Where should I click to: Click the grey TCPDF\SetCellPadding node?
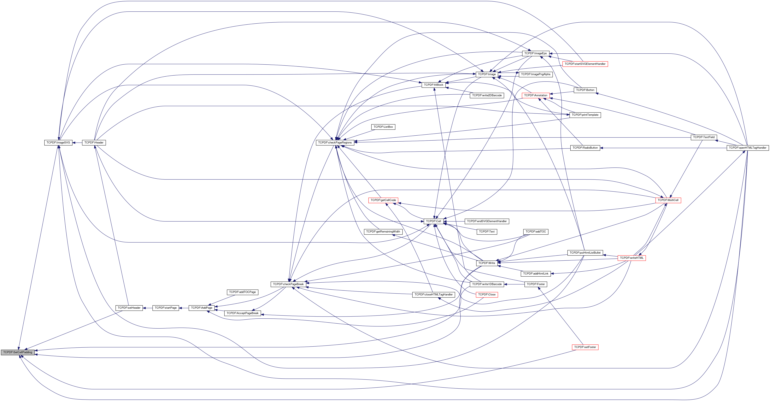pyautogui.click(x=18, y=352)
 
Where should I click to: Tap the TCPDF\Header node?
pyautogui.click(x=94, y=142)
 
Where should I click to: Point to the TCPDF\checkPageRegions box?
pyautogui.click(x=335, y=142)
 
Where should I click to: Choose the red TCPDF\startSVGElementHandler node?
pyautogui.click(x=585, y=64)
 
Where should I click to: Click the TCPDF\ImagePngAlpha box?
pyautogui.click(x=536, y=74)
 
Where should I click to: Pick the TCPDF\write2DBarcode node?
pyautogui.click(x=487, y=95)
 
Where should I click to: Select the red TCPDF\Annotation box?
pyautogui.click(x=536, y=95)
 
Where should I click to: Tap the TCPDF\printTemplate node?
pyautogui.click(x=585, y=115)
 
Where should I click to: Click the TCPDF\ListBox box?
pyautogui.click(x=383, y=127)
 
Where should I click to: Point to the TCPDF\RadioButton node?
pyautogui.click(x=585, y=148)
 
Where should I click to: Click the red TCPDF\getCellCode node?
pyautogui.click(x=383, y=200)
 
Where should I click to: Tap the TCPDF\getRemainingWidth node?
pyautogui.click(x=383, y=232)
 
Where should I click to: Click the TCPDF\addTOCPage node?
pyautogui.click(x=242, y=292)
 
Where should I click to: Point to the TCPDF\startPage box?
pyautogui.click(x=166, y=308)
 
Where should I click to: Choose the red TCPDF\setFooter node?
pyautogui.click(x=585, y=347)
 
